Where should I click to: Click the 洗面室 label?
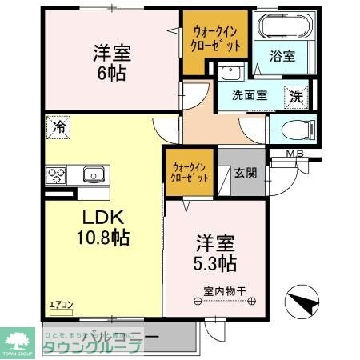point(250,96)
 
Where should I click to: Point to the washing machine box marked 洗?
point(295,96)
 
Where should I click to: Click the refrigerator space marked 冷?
point(59,126)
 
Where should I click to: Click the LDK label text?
point(103,217)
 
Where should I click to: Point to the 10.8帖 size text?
point(103,237)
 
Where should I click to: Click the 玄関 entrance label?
point(244,172)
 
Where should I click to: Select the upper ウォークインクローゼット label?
point(214,38)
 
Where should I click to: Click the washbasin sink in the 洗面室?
point(231,73)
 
